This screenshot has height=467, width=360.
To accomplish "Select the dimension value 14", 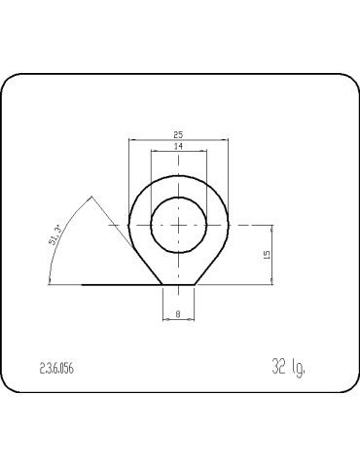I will click(x=179, y=146).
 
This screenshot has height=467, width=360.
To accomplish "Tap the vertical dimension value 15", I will click(x=268, y=254).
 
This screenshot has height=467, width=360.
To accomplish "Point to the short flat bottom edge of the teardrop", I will click(x=179, y=285).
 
